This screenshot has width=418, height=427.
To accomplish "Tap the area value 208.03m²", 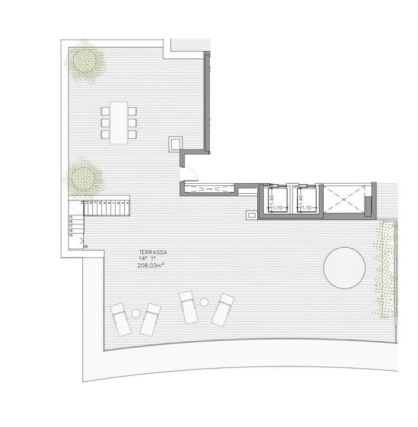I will (151, 266).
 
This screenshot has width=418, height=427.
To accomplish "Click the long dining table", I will (119, 123).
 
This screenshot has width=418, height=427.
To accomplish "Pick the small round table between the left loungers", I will (135, 314).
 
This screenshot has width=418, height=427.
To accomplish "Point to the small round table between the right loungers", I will (205, 302).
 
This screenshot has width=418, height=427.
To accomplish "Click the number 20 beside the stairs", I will (85, 246).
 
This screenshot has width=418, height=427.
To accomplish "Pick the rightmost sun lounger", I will (222, 309).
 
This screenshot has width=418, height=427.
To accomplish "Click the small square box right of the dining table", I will (174, 144).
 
